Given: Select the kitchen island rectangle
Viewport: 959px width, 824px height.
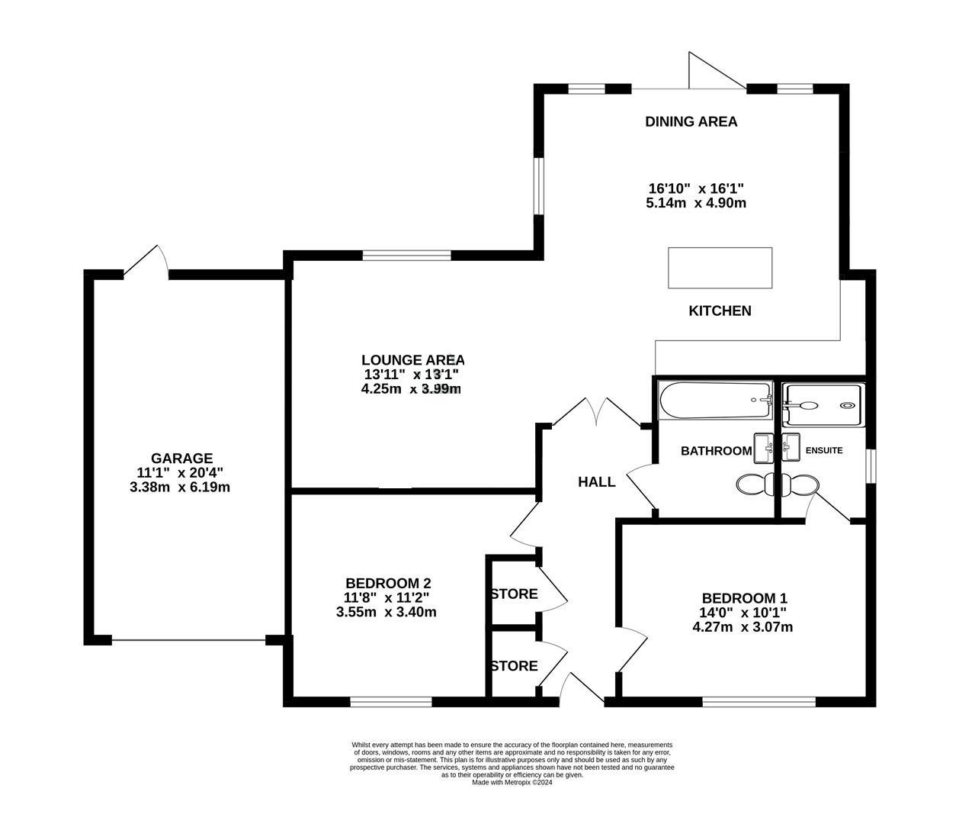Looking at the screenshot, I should (x=720, y=268).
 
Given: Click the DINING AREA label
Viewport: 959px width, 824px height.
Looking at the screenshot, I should (x=691, y=121).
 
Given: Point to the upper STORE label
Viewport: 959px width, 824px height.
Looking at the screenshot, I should (x=514, y=594).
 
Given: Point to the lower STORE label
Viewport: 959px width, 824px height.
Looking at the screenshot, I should (x=514, y=666).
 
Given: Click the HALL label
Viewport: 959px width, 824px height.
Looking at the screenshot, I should (x=596, y=482).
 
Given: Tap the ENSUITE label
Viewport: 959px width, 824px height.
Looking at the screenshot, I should (x=824, y=451).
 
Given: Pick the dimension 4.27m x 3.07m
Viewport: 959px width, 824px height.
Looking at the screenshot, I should (x=743, y=627).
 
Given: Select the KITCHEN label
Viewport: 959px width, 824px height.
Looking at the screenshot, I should (x=720, y=311).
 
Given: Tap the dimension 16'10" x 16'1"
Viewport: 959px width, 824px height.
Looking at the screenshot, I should (x=695, y=188).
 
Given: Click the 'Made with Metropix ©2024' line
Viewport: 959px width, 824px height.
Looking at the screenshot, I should (x=512, y=782).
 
